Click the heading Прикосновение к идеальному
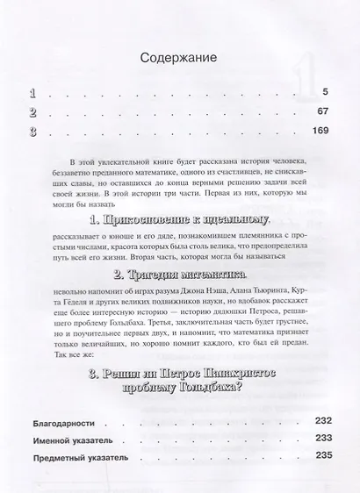coord(179,217)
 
